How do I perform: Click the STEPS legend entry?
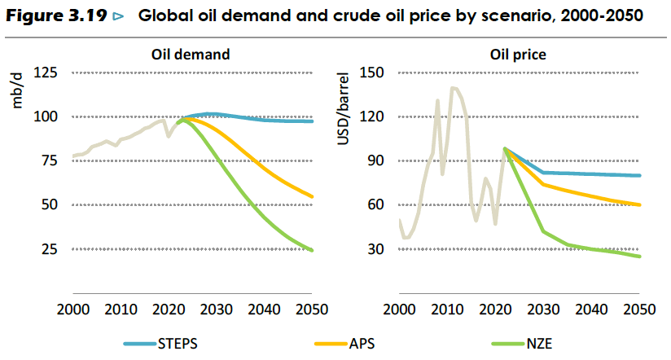coord(160,344)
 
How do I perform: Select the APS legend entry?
coord(344,344)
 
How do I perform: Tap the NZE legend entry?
coord(522,344)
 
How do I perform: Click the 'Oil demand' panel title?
coord(191,55)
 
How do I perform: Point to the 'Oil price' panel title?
coord(518,55)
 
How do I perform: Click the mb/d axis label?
coord(16,90)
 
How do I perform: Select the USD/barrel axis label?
coord(343,108)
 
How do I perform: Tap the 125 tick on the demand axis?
coord(46,72)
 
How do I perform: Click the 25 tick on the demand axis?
coord(49,248)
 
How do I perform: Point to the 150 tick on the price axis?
coord(372,72)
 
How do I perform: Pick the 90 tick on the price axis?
coord(375,160)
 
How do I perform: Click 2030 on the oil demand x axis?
coord(216,309)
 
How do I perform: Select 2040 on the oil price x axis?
coord(591,309)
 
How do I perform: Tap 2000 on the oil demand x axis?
coord(73,309)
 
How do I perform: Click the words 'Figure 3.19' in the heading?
coord(56,15)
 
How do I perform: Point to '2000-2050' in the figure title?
coord(602,15)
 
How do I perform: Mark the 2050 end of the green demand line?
coord(312,250)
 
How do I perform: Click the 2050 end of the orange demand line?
coord(312,197)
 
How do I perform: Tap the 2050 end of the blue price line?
coord(639,175)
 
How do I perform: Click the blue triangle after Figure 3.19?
coord(118,16)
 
